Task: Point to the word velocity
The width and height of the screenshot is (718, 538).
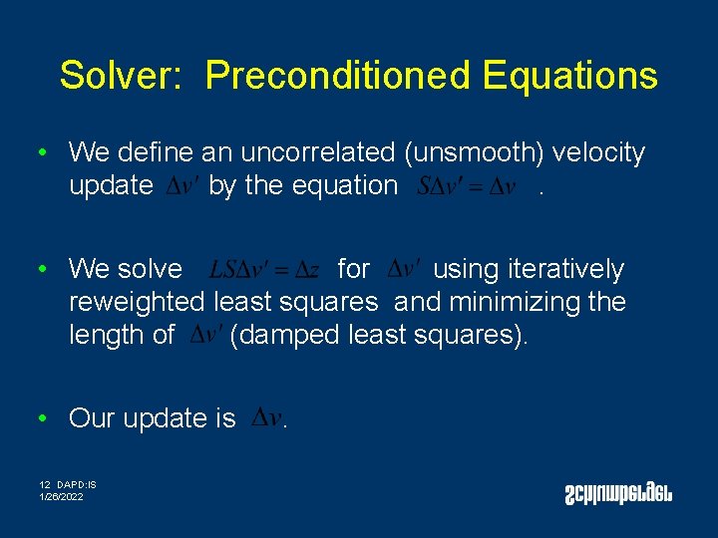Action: click(599, 152)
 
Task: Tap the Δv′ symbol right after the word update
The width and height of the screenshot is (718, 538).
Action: click(180, 186)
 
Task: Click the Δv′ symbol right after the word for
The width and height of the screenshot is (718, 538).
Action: click(403, 269)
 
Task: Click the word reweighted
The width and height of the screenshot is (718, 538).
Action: click(139, 302)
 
